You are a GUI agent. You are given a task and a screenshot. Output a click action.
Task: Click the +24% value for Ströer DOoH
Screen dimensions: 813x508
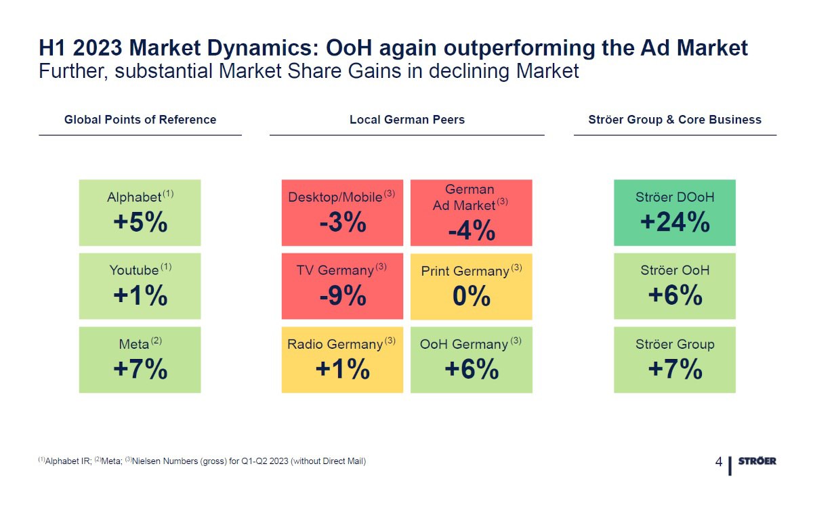click(675, 221)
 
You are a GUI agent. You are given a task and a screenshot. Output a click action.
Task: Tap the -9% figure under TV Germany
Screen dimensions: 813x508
click(343, 295)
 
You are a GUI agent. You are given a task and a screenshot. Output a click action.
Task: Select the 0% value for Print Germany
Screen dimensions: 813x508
click(472, 296)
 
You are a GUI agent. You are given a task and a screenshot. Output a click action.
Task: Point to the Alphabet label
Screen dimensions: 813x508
click(134, 197)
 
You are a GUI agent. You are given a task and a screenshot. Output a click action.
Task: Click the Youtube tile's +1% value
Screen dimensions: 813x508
click(140, 295)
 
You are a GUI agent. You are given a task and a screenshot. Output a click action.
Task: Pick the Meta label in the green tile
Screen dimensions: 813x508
click(134, 344)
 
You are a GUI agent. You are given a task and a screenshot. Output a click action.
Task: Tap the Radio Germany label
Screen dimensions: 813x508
click(335, 344)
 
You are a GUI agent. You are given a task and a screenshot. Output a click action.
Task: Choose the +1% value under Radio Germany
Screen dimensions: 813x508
click(343, 368)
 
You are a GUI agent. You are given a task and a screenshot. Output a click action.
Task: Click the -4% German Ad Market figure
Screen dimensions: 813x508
click(472, 230)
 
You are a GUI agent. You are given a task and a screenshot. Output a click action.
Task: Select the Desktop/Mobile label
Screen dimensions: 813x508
click(335, 197)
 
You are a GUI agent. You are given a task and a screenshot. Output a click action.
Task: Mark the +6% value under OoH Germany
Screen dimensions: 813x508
click(472, 368)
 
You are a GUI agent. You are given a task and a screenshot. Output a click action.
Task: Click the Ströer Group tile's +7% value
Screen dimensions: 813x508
click(675, 368)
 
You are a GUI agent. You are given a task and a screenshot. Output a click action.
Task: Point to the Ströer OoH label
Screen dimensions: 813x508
click(675, 270)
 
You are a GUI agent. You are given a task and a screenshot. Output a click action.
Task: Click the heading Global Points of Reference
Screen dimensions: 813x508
click(140, 120)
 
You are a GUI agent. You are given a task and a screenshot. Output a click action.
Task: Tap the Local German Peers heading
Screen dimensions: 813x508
click(407, 120)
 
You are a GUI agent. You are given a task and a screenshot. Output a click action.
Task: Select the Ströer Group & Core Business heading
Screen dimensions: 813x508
click(675, 120)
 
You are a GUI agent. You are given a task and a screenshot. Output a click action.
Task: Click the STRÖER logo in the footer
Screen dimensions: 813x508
click(757, 461)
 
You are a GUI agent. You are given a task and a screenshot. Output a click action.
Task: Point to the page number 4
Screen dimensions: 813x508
click(719, 462)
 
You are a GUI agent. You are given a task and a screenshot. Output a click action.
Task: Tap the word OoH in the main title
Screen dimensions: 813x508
click(349, 48)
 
